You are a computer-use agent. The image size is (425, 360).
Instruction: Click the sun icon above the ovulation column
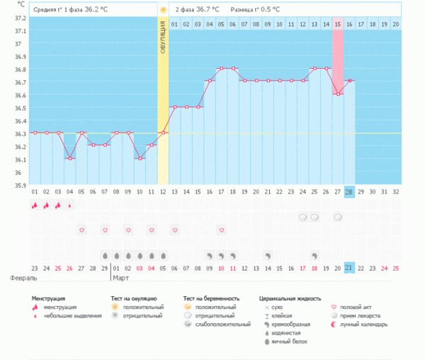coord(163,11)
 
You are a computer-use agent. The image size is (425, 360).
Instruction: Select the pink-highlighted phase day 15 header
coord(338,24)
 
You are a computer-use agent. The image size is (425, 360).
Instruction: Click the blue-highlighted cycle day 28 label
coord(349,192)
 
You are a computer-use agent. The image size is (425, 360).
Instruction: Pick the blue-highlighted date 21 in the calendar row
coord(349,267)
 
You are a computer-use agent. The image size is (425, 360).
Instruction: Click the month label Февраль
coord(20,279)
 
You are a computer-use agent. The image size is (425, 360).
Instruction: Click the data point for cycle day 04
coord(69,159)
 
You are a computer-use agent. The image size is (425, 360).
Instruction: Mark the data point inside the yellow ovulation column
coord(163,133)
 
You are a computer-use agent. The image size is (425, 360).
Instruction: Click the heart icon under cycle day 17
coord(222,230)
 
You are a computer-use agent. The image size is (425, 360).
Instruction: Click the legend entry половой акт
coord(357,308)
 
